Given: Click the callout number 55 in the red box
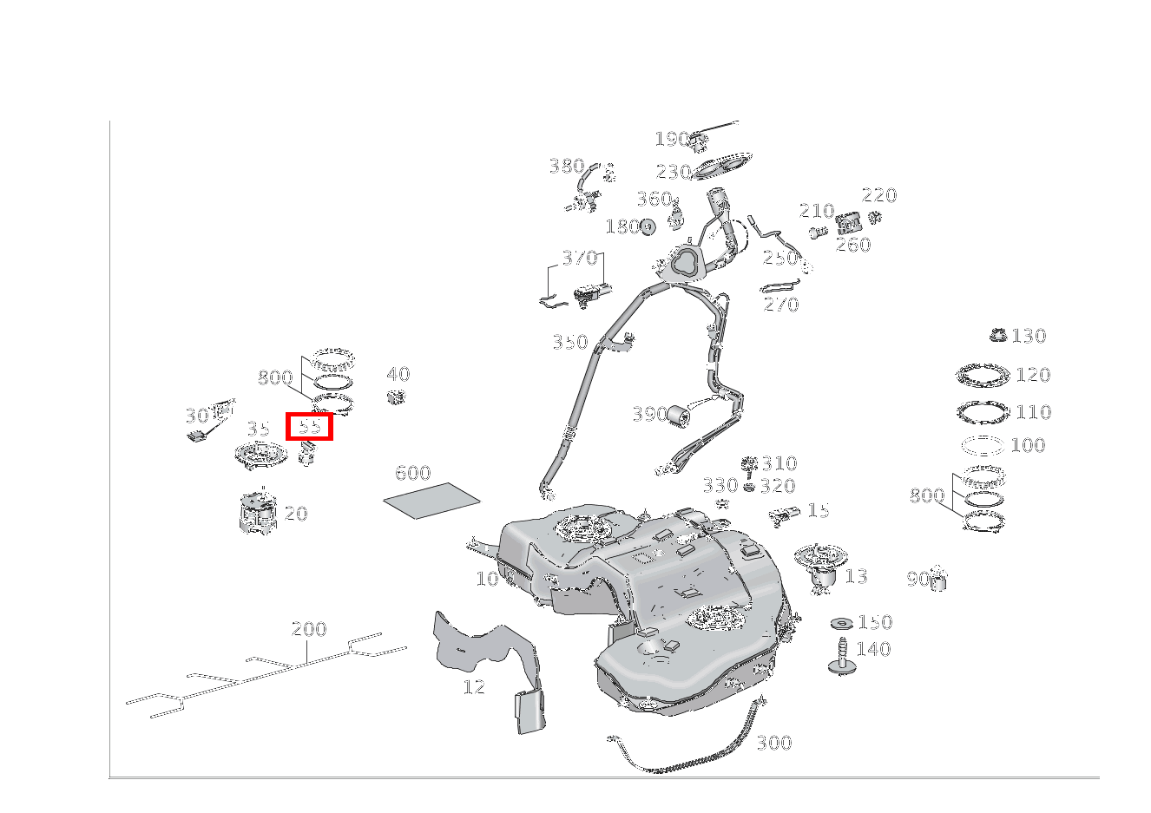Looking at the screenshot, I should (310, 427).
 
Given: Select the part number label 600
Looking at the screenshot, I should (412, 473).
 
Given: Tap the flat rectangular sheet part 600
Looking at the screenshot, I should (432, 501).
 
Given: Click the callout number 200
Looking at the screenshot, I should (309, 629).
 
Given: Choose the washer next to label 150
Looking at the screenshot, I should (840, 624).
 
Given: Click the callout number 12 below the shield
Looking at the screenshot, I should (474, 687).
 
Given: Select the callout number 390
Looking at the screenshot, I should (649, 414).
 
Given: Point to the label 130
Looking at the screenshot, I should (1029, 336).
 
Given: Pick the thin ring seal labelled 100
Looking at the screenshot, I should (983, 445).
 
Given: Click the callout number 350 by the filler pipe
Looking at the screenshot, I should (569, 343).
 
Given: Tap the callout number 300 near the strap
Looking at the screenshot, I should (773, 743).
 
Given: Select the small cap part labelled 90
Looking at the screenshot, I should (937, 580).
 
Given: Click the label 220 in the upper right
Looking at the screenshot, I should (878, 195).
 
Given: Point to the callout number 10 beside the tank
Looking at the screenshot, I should (487, 579).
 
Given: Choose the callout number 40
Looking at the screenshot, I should (398, 375).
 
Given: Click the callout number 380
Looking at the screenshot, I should (566, 166).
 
